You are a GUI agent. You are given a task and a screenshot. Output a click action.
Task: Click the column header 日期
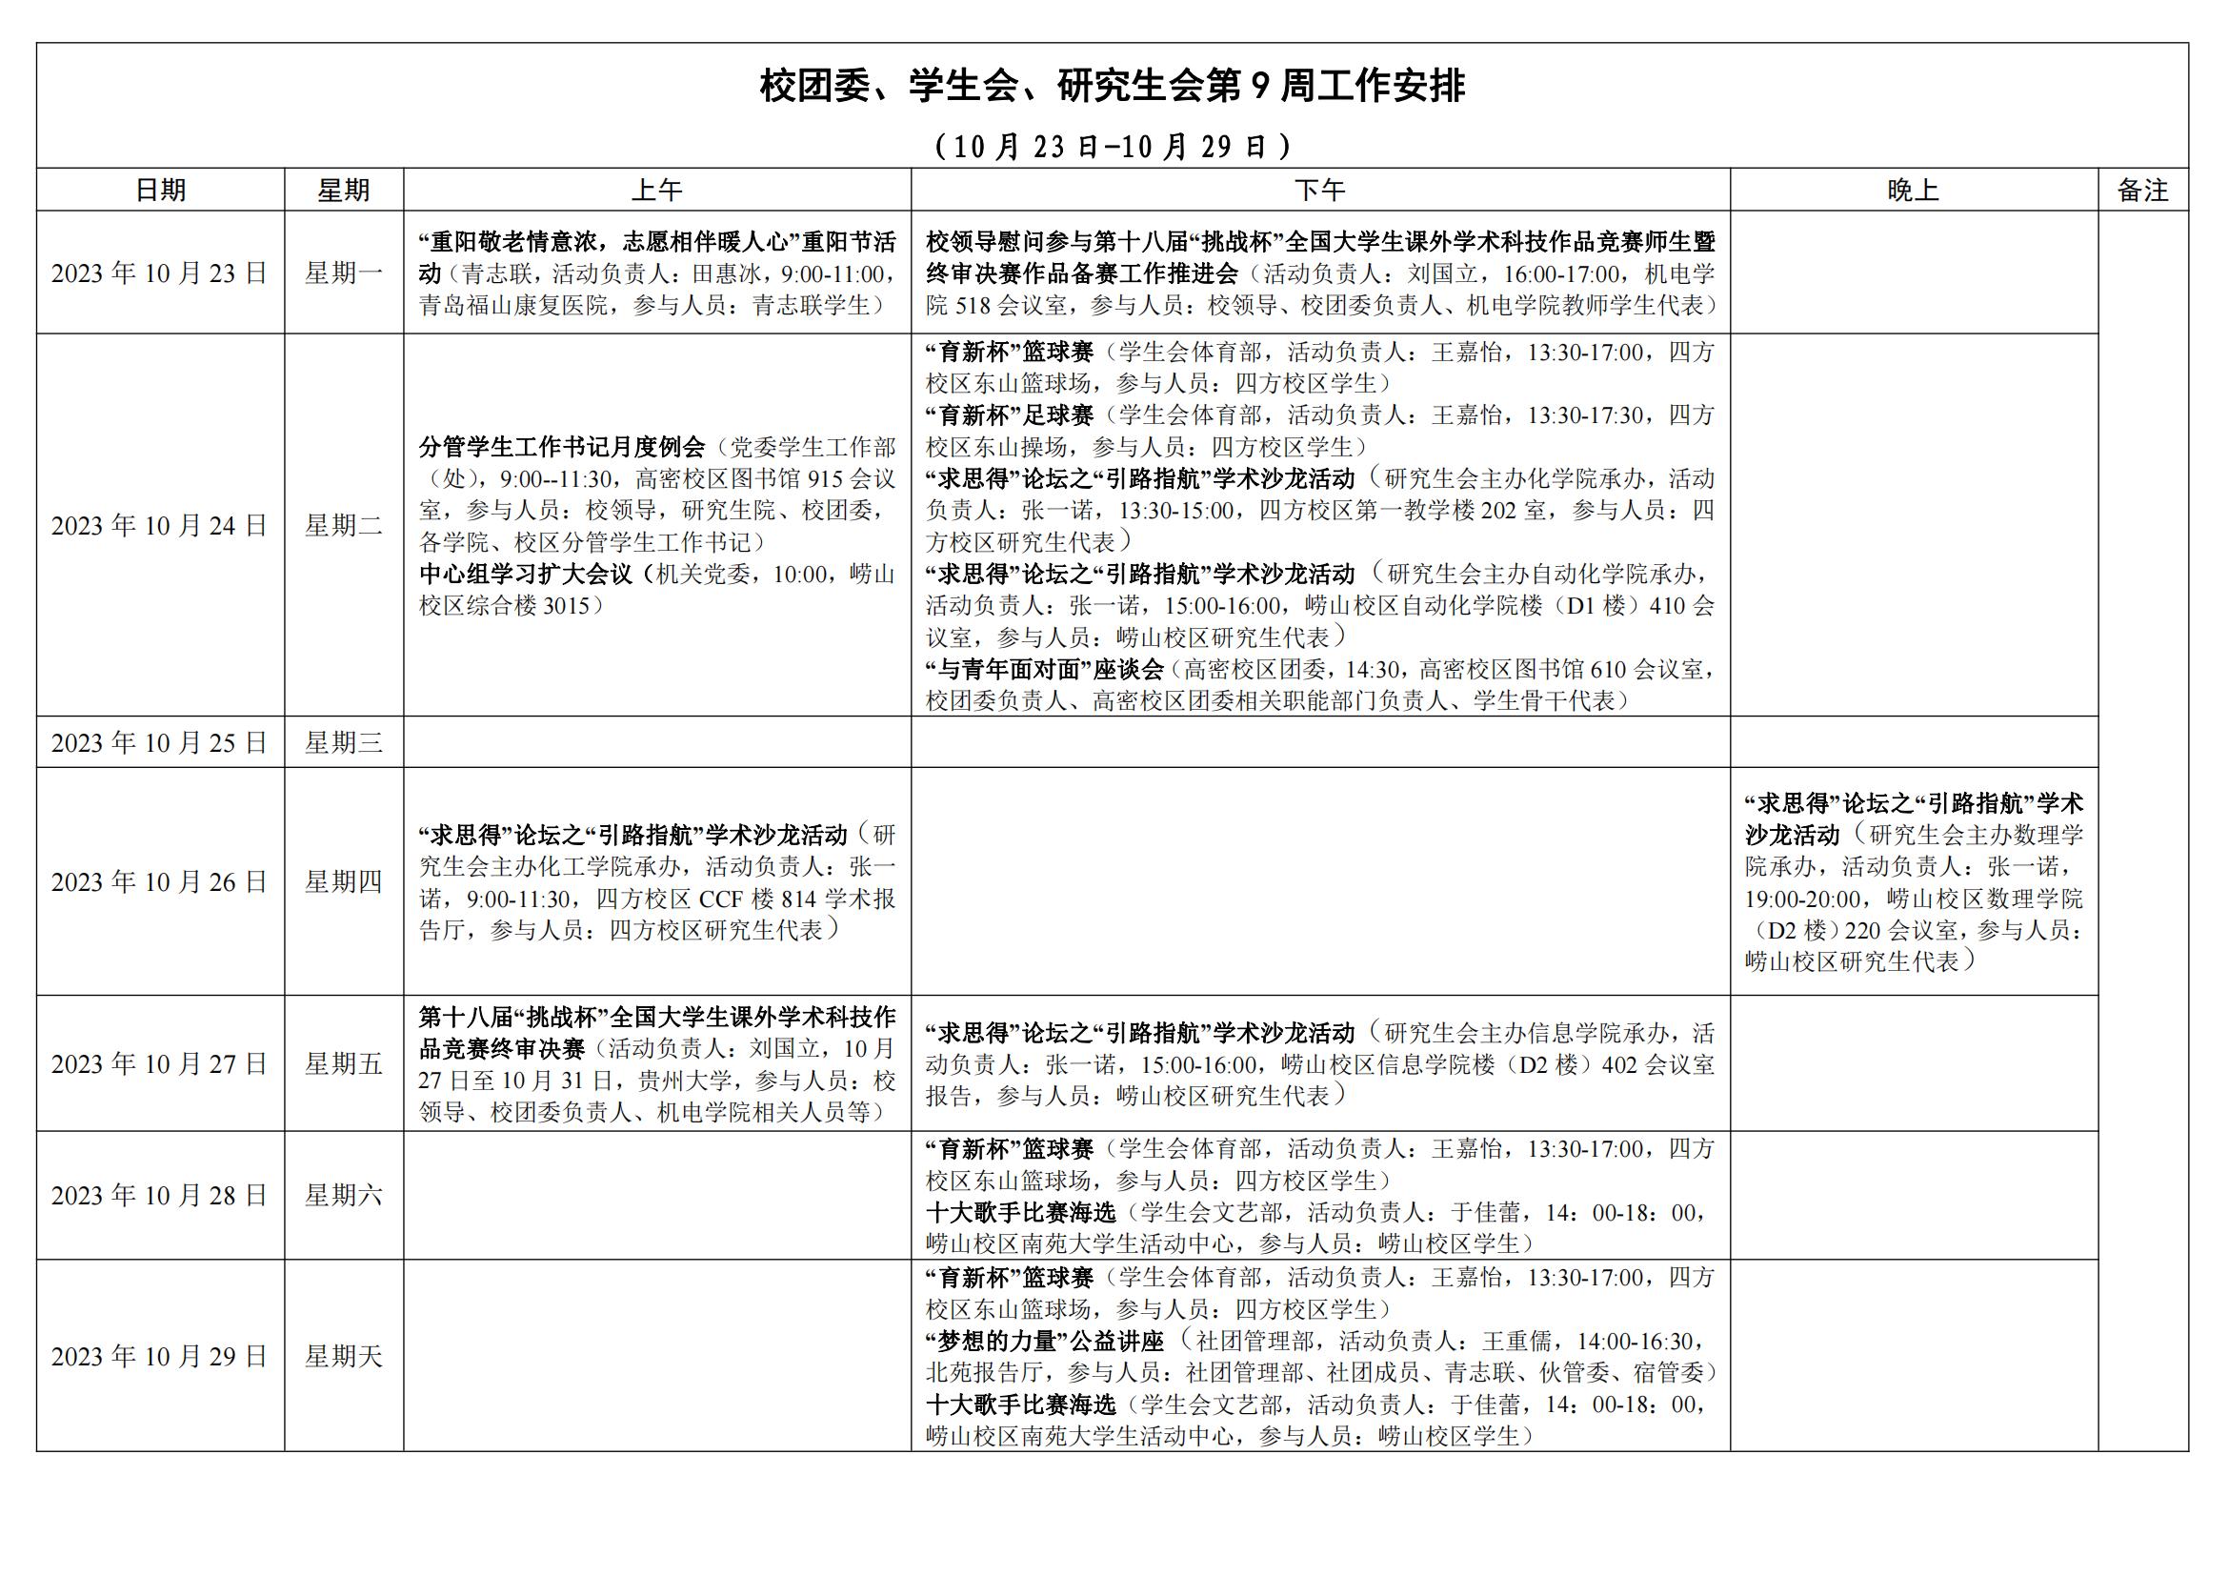(x=160, y=191)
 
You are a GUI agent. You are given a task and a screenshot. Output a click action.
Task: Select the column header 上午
(x=657, y=191)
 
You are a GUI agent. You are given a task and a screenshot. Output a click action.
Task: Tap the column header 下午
(x=1319, y=191)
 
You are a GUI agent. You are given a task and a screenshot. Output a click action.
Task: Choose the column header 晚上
(x=1913, y=191)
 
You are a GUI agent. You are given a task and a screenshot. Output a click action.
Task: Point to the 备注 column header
(x=2142, y=191)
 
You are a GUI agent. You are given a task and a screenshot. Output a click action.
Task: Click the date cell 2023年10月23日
(x=160, y=273)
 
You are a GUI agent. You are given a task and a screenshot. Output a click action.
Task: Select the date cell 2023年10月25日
(x=160, y=743)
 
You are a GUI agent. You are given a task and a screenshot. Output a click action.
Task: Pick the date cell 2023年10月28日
(x=160, y=1196)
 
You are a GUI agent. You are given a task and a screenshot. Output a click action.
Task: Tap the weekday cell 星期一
(x=344, y=273)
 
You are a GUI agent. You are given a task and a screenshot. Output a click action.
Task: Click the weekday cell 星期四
(x=344, y=882)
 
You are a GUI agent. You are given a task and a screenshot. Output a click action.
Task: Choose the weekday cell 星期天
(x=344, y=1357)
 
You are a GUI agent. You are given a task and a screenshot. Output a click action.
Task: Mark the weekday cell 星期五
(x=344, y=1064)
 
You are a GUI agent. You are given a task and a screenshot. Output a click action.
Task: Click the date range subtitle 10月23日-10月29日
(x=1112, y=147)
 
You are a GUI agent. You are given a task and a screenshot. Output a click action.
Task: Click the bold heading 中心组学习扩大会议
(x=525, y=575)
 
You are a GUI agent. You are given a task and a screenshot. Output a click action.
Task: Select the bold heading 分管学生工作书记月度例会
(x=562, y=448)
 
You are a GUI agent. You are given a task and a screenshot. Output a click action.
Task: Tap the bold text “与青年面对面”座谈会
(x=1044, y=670)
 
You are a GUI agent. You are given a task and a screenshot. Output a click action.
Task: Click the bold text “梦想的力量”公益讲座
(x=1044, y=1343)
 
